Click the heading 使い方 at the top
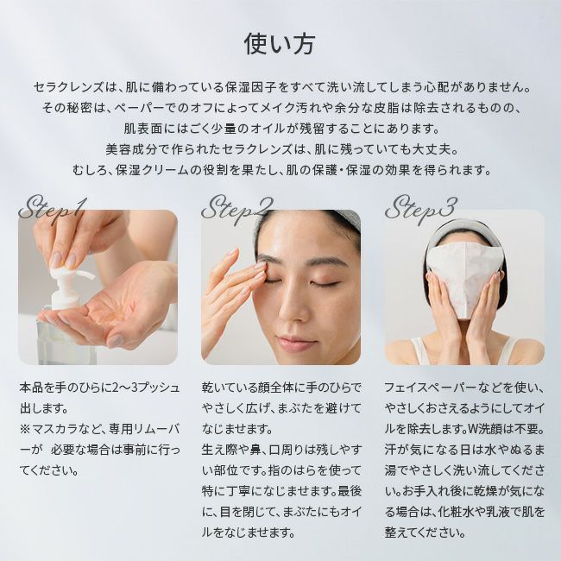click(x=280, y=44)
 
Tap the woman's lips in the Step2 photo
click(x=296, y=342)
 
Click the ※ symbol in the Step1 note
click(x=25, y=429)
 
